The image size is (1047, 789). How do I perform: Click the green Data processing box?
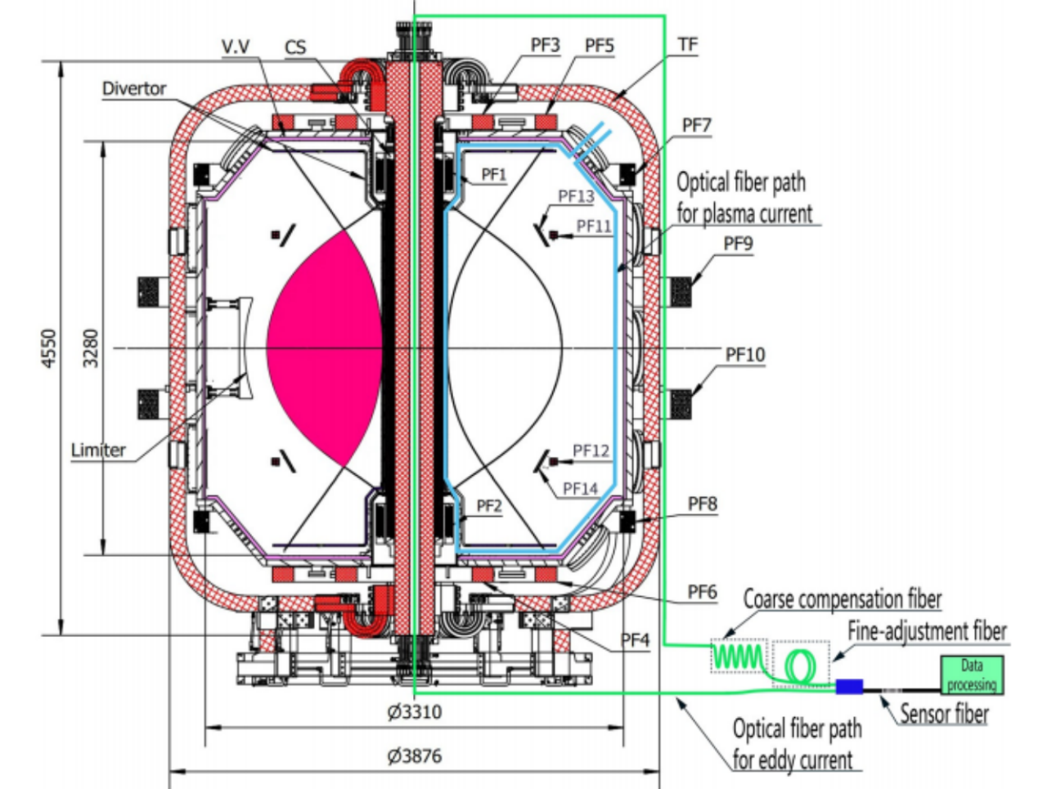[972, 675]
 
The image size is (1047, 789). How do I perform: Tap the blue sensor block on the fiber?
[849, 687]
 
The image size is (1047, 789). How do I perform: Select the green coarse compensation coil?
[738, 655]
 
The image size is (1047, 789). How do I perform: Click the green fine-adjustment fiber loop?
[801, 665]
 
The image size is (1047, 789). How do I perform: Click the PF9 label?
[738, 244]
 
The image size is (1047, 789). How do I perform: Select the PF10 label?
[744, 354]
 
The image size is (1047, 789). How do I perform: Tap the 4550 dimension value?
[48, 348]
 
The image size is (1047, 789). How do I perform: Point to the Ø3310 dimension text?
[414, 712]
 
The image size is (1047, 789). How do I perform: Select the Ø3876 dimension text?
[414, 756]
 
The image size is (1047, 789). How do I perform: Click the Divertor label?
[134, 88]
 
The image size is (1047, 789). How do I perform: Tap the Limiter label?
[98, 450]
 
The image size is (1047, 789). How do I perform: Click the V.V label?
[240, 47]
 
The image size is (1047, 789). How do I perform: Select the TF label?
[688, 44]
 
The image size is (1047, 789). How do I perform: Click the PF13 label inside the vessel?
[576, 196]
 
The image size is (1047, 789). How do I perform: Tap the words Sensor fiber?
[944, 714]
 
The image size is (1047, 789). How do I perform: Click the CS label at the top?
[295, 47]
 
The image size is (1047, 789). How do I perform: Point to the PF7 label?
[697, 126]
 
